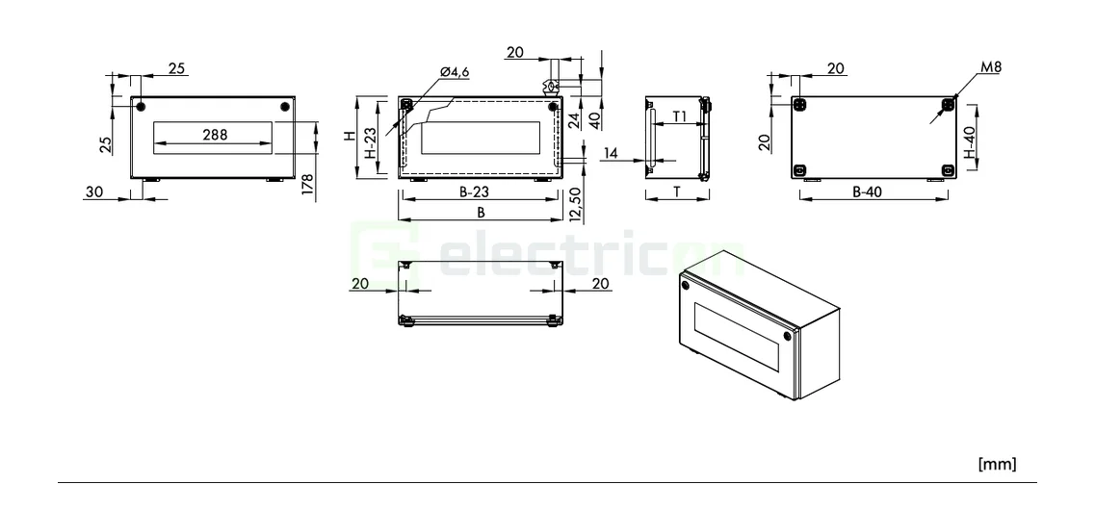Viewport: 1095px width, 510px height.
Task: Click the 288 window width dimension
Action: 215,135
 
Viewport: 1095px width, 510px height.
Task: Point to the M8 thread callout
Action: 989,69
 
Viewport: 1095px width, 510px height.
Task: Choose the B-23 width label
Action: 479,191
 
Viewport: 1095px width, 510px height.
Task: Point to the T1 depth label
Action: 679,116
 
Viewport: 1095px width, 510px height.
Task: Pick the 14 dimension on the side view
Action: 611,153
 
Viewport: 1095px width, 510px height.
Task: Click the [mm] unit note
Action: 995,465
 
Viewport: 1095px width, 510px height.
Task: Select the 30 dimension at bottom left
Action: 93,191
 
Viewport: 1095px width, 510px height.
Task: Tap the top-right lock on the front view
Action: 284,107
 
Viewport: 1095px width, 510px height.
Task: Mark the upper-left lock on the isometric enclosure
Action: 686,284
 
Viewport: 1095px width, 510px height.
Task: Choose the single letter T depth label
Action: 677,191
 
